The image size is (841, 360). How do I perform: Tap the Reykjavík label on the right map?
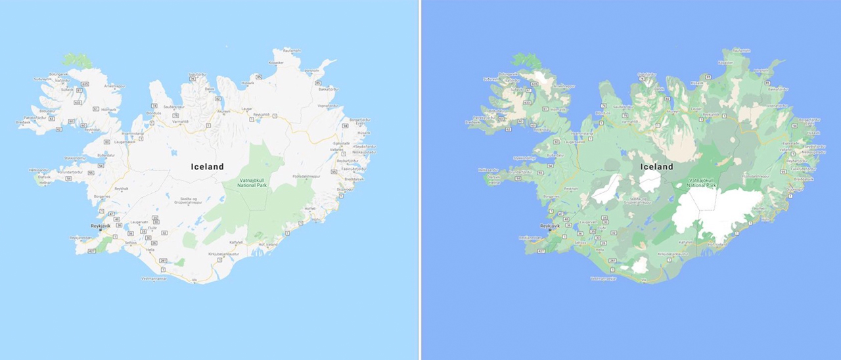coord(549,226)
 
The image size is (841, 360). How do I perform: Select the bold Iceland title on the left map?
coord(208,167)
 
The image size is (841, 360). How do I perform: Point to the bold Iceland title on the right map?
coord(657,167)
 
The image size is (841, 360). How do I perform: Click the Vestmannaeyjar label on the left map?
coord(154,279)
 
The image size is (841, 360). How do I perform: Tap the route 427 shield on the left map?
coord(91,250)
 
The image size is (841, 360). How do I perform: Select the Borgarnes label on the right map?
coord(551,196)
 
